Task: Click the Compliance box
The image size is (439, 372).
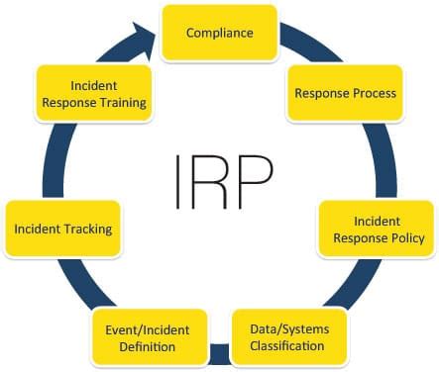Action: tap(220, 33)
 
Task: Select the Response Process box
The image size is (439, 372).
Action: tap(345, 93)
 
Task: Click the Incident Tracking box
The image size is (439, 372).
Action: tap(62, 230)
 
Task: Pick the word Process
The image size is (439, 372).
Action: tap(374, 93)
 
